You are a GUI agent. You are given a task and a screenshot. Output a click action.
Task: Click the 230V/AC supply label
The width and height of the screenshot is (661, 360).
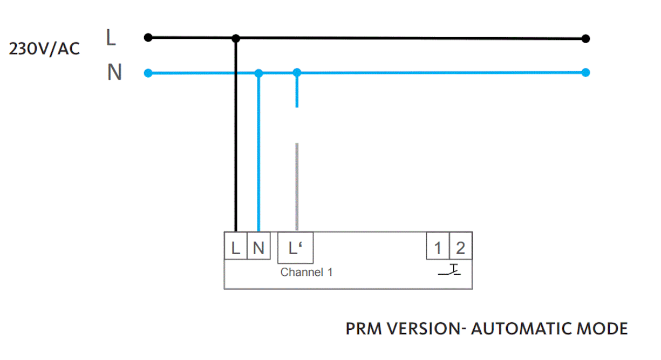pos(44,49)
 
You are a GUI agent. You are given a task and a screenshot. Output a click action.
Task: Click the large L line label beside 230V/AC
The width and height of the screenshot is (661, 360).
pos(111,38)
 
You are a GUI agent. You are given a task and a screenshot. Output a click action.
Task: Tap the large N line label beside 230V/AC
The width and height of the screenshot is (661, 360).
pos(114,72)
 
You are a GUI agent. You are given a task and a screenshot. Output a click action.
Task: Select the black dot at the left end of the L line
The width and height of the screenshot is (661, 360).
pos(148,37)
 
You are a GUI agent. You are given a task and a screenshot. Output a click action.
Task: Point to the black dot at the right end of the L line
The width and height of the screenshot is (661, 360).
pos(586,38)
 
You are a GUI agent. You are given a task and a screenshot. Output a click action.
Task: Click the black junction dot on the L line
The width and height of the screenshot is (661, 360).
pos(236,38)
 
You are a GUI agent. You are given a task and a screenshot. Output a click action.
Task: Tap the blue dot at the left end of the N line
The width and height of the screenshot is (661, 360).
pos(148,73)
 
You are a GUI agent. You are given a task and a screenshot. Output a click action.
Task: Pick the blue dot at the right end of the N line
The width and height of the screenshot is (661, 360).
pos(586,72)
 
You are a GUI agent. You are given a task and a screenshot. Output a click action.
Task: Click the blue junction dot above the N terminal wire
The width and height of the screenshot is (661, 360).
pos(259,73)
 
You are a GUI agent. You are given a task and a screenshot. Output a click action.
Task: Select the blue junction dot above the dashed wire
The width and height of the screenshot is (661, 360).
pos(297,72)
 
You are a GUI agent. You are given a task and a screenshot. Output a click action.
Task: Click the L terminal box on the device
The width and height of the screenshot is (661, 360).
pos(236,248)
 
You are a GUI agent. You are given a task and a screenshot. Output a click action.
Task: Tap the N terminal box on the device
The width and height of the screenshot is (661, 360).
pos(258,248)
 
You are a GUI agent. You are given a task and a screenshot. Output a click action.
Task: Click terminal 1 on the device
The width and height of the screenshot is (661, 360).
pos(438,248)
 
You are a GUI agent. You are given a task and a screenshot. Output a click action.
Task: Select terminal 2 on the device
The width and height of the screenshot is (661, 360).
pos(460,248)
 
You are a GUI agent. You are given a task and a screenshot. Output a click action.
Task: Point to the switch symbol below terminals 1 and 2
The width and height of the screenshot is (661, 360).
pos(449,270)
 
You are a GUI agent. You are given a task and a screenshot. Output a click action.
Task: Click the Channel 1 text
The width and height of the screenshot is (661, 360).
pos(306,272)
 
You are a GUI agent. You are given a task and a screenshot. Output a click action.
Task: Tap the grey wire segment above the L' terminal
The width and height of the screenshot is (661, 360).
pos(297,186)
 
